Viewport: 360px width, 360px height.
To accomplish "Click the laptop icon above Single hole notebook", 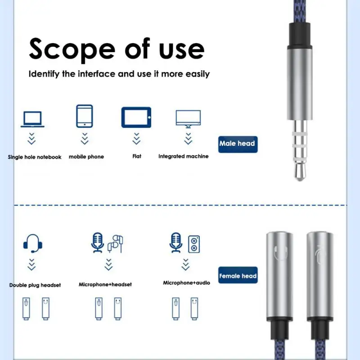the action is point(32,119).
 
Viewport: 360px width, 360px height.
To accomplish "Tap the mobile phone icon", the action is point(85,116).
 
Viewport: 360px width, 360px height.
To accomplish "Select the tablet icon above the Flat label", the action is point(136,117).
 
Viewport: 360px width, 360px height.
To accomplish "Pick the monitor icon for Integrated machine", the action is point(188,119).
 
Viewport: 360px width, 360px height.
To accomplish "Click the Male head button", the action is point(238,144).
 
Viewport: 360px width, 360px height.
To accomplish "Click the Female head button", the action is point(238,275).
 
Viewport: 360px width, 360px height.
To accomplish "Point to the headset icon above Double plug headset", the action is point(32,243).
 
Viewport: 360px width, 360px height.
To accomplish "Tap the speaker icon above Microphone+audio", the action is point(194,244).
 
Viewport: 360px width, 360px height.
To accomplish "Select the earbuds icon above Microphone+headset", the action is point(115,243).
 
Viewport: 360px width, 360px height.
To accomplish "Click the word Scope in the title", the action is point(72,49).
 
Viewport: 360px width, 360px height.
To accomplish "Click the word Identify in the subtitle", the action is point(44,74).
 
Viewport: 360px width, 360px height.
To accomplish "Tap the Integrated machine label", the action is point(184,156).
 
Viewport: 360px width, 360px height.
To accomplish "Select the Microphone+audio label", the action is point(186,283).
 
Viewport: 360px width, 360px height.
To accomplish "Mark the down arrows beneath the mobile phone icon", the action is point(85,139).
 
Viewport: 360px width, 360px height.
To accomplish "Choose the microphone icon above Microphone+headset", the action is point(97,243).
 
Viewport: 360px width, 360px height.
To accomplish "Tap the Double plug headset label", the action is point(35,285).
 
